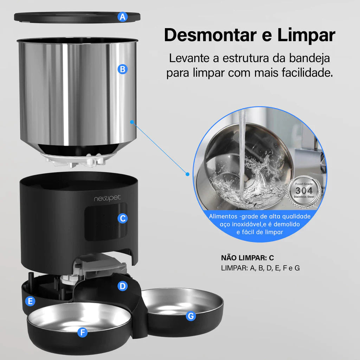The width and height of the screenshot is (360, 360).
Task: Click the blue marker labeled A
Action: coord(122,17)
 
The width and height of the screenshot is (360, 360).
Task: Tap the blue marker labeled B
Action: coord(122,69)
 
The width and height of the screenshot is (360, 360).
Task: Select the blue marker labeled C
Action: coord(122,218)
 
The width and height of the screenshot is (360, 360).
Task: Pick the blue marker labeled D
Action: coord(122,286)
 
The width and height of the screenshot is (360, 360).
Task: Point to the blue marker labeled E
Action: coord(31,301)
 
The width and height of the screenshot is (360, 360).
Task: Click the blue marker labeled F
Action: coord(82,332)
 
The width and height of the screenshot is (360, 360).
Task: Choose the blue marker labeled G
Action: coord(191,316)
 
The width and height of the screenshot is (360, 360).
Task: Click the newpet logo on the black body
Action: coord(107,198)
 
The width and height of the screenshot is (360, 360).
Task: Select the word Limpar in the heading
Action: coord(306,35)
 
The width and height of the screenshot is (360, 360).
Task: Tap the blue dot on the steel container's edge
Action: coord(132,122)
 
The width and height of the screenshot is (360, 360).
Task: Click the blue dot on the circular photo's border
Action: coord(187,174)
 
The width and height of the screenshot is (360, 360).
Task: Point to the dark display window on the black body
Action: coord(105,223)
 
